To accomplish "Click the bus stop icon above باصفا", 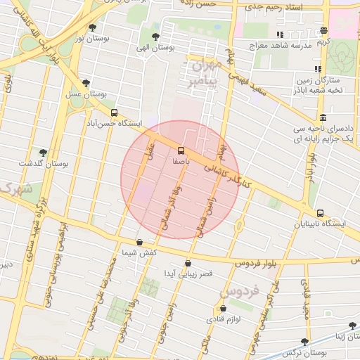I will click(x=181, y=150).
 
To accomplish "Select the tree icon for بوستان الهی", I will click(x=155, y=37).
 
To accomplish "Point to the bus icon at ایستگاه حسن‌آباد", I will click(x=114, y=112).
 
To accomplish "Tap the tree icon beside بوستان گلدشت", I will click(x=44, y=152).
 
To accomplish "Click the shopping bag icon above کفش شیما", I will click(x=139, y=242).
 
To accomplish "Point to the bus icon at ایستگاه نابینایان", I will click(x=320, y=213).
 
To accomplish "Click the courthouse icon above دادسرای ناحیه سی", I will click(x=322, y=117).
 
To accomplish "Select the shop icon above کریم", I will click(x=323, y=30).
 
